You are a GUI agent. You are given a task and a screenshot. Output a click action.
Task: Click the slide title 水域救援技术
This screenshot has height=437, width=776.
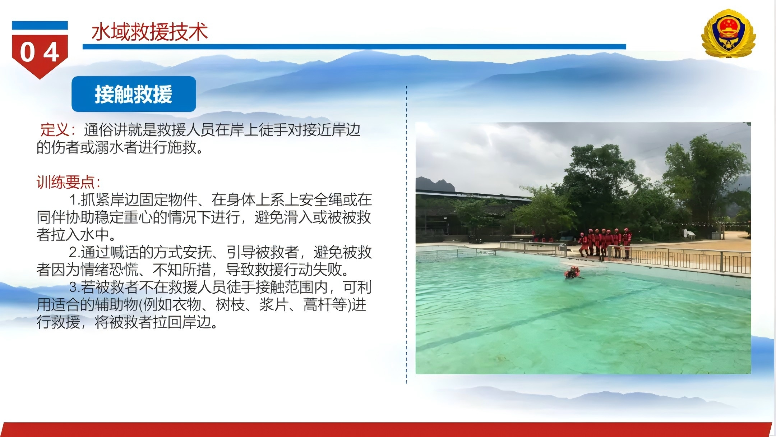[x=149, y=32]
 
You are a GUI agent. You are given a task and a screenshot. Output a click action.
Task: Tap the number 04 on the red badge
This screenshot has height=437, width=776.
[x=40, y=52]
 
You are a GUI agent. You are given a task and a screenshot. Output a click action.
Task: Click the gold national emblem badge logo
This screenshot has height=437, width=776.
[x=729, y=33]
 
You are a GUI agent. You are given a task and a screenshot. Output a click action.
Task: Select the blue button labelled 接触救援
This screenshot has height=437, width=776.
[x=134, y=94]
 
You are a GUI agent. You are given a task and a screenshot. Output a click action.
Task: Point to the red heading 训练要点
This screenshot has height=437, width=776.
[x=65, y=182]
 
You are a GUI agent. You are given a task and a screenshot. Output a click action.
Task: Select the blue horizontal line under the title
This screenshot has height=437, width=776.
[x=354, y=47]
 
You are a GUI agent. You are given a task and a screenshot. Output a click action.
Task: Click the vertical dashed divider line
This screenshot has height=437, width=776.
[x=406, y=234]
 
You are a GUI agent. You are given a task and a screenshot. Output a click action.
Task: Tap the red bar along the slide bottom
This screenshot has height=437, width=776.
[x=386, y=430]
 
